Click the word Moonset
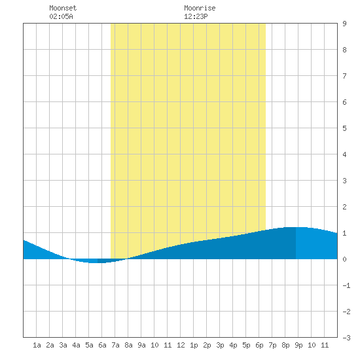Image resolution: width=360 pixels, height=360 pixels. click(63, 8)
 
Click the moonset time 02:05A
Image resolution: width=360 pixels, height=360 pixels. click(61, 16)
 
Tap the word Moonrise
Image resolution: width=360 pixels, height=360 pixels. click(200, 8)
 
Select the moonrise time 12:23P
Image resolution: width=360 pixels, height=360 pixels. click(196, 16)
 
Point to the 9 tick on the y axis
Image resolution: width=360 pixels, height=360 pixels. click(344, 24)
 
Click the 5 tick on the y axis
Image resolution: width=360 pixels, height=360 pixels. click(344, 128)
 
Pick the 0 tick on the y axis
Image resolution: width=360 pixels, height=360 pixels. click(344, 259)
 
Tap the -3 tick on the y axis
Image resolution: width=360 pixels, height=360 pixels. click(346, 338)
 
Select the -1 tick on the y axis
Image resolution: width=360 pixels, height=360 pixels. click(346, 285)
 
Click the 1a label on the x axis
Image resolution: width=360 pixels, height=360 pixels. click(37, 345)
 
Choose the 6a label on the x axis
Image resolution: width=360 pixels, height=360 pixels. click(102, 345)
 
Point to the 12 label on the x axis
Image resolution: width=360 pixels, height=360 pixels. click(181, 345)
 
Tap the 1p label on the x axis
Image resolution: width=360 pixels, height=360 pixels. click(194, 345)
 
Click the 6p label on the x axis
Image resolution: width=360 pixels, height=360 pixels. click(259, 345)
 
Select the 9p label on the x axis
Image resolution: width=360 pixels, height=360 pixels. click(298, 345)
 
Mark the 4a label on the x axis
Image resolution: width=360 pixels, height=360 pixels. click(76, 345)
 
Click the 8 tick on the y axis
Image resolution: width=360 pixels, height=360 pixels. click(344, 50)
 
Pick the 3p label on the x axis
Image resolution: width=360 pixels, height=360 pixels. click(220, 345)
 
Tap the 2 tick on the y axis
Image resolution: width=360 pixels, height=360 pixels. click(344, 207)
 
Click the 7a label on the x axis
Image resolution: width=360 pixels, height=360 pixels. click(115, 345)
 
